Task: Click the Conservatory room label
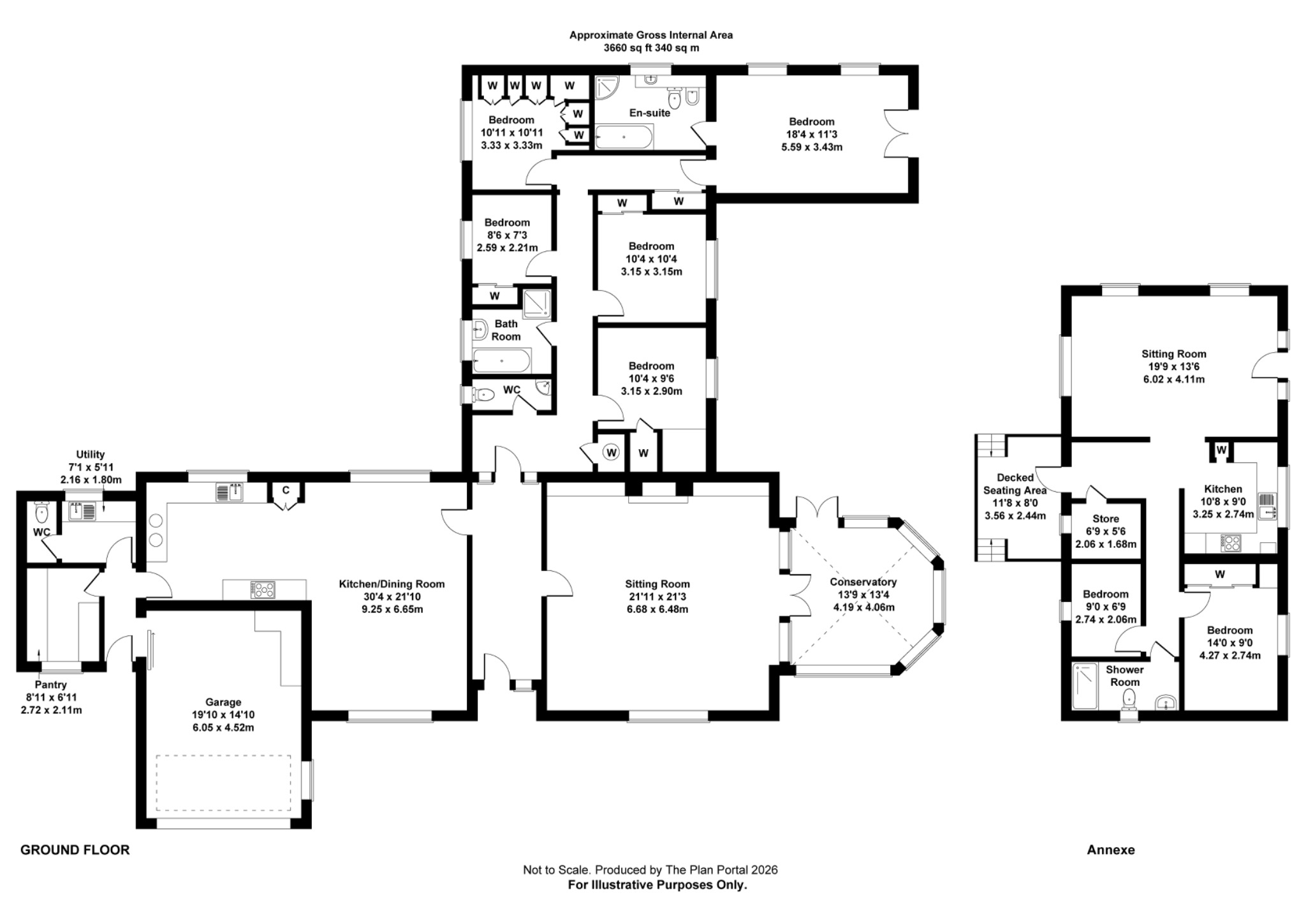[863, 582]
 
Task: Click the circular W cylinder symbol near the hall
[612, 452]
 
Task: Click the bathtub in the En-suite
[624, 136]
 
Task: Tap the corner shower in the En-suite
[606, 88]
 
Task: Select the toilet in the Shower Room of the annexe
[1130, 697]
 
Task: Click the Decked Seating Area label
[1015, 484]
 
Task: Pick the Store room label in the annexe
[1105, 519]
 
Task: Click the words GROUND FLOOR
[75, 850]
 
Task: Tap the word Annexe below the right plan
[1110, 850]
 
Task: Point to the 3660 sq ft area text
[650, 48]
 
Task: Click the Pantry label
[50, 685]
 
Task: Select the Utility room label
[90, 454]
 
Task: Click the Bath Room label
[506, 330]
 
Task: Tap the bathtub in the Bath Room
[502, 361]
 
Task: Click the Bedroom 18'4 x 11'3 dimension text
[811, 135]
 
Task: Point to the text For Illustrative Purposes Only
[657, 885]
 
